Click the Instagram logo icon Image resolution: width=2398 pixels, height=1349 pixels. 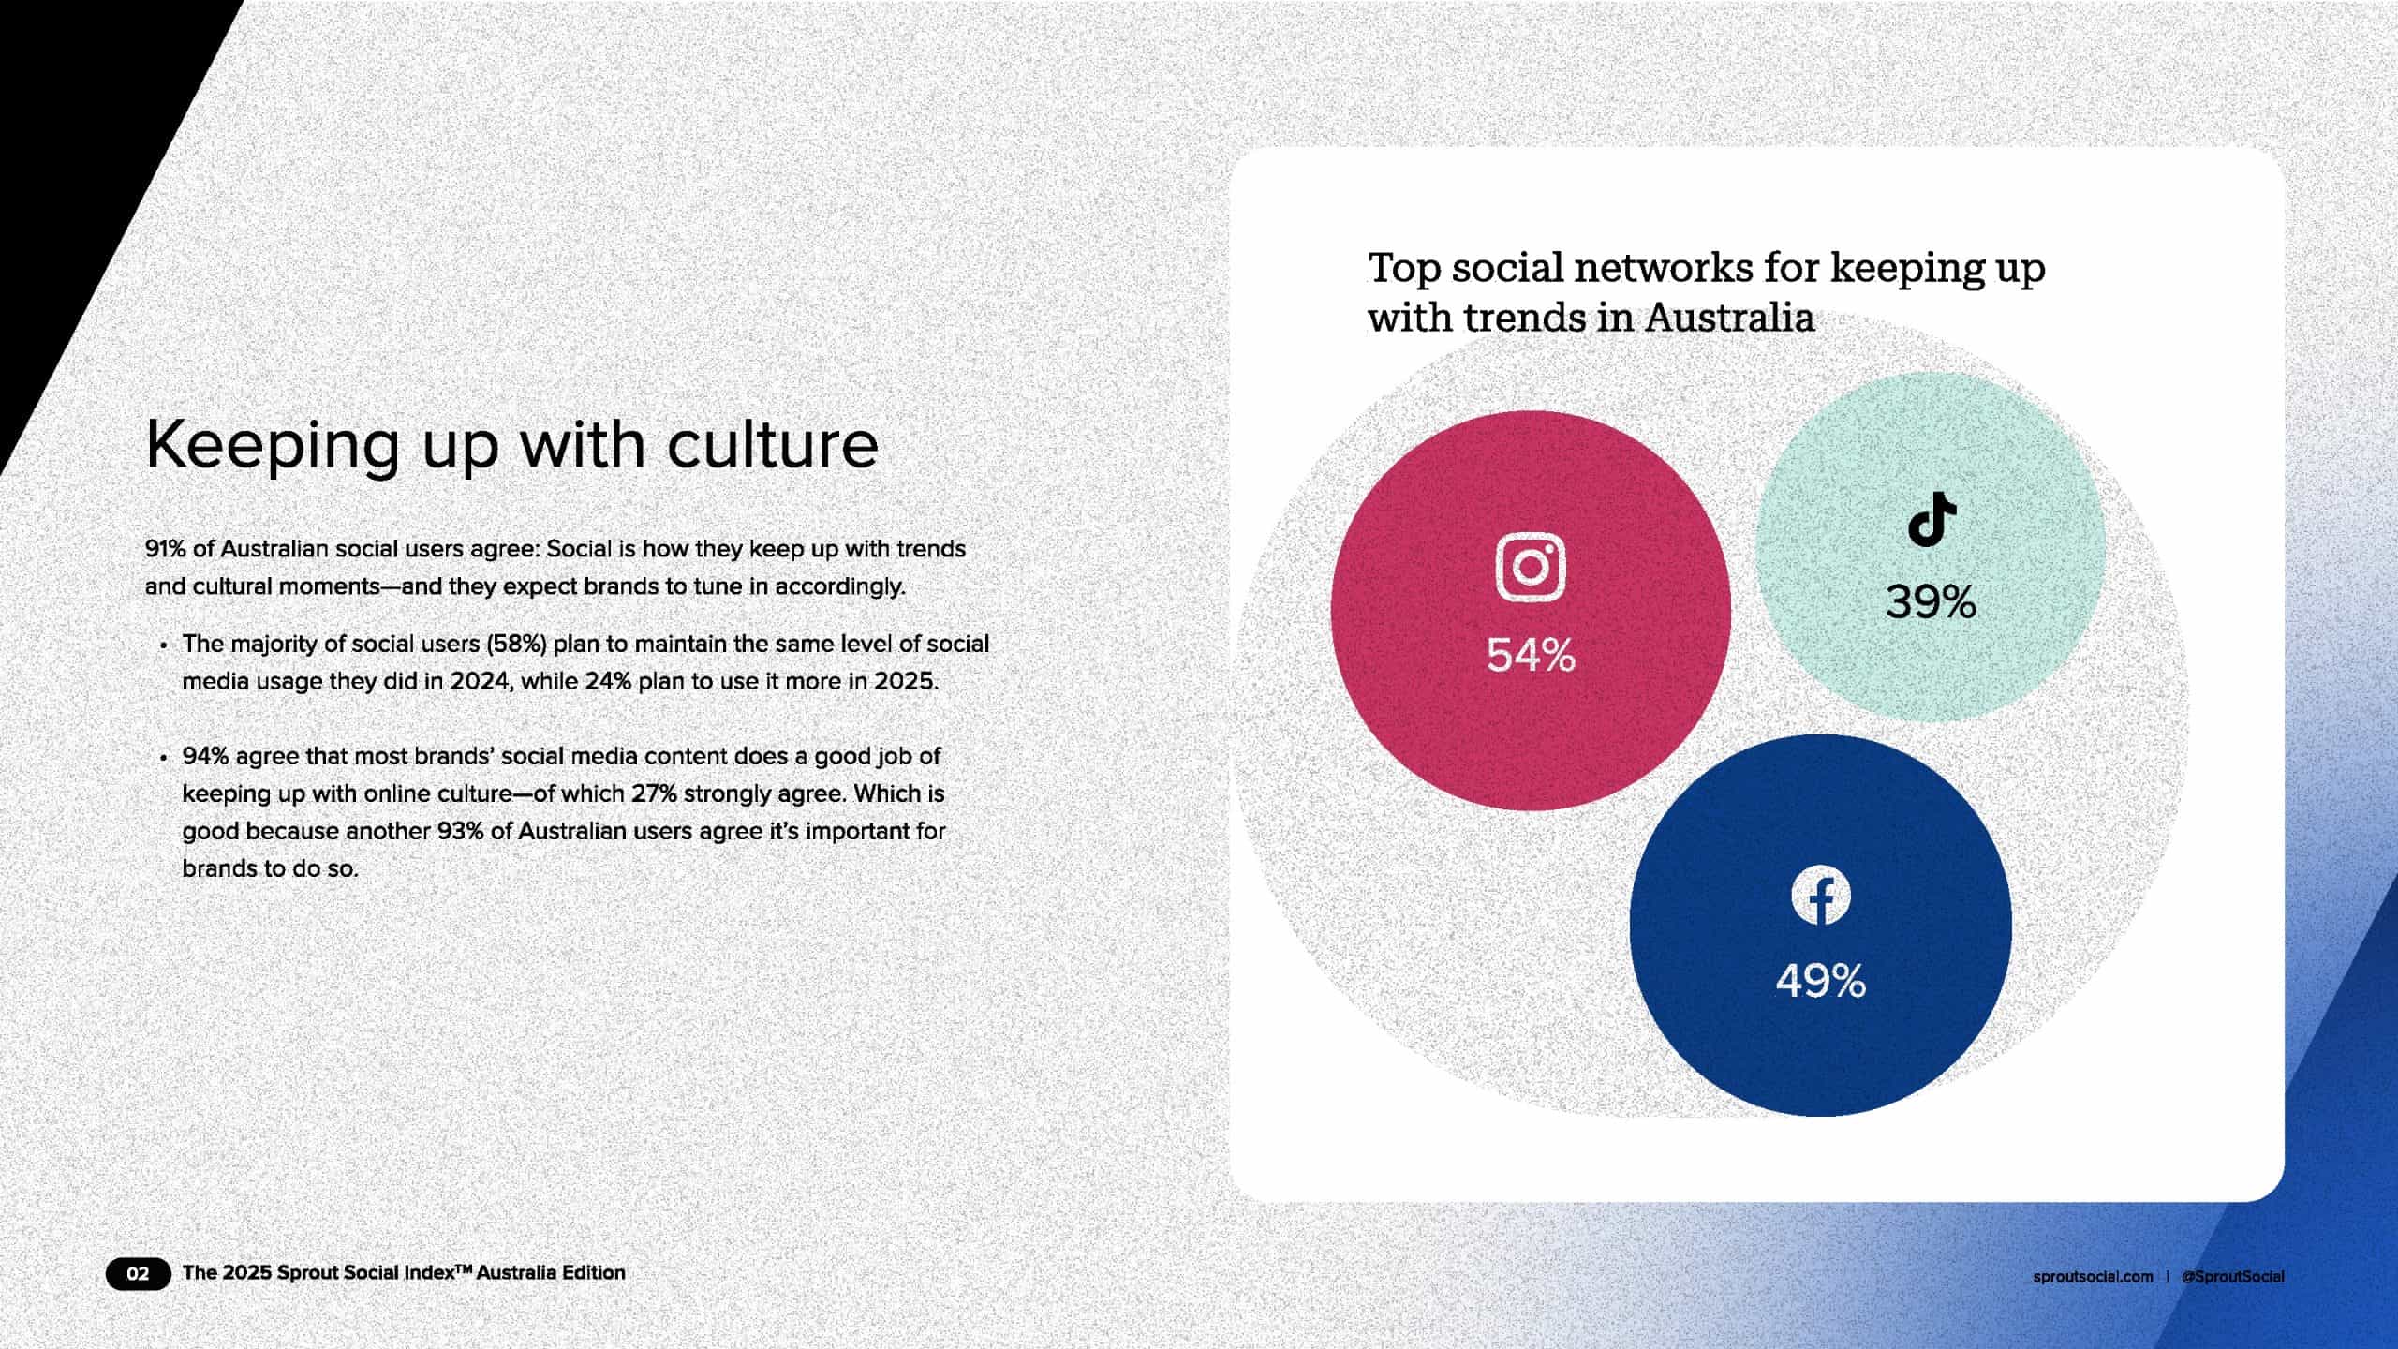(x=1531, y=567)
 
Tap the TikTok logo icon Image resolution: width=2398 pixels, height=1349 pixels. (x=1932, y=518)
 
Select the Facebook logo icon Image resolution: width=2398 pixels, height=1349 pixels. (x=1821, y=895)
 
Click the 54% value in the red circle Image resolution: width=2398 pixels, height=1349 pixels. (x=1531, y=655)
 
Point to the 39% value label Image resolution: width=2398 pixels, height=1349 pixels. (x=1931, y=601)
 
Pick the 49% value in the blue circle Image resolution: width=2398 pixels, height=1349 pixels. (x=1821, y=981)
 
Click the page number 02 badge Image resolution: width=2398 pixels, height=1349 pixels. (x=138, y=1273)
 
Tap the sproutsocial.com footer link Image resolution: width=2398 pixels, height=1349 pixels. (x=2093, y=1276)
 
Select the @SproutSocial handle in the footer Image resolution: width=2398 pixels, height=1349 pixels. (x=2232, y=1276)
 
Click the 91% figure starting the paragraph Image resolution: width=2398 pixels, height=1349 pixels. (x=165, y=548)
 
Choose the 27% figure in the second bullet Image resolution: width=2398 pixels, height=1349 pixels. (x=653, y=793)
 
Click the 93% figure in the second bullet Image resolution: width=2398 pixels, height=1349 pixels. (x=460, y=831)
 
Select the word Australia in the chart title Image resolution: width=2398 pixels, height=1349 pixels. (x=1729, y=318)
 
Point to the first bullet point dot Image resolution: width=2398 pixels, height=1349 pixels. (x=164, y=645)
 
